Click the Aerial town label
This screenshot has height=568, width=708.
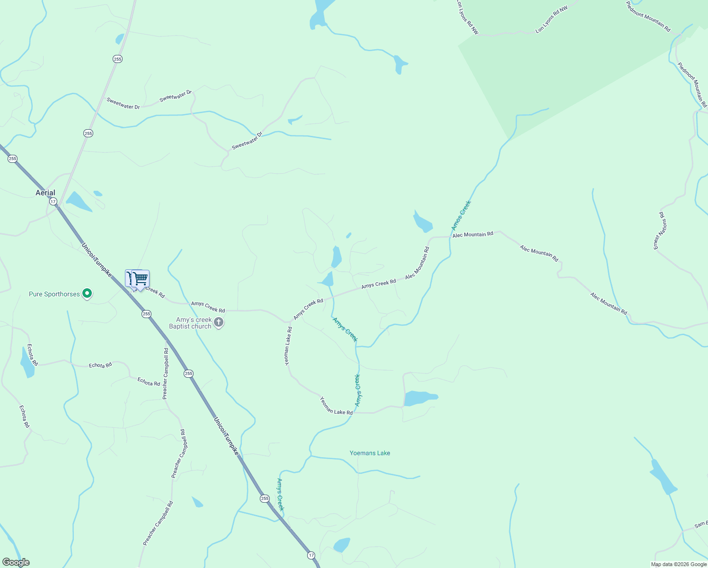[45, 193]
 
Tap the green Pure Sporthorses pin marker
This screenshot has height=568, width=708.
[87, 294]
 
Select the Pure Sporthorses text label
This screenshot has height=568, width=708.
[54, 294]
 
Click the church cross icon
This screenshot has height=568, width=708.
[219, 323]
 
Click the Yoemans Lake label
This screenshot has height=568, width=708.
[370, 453]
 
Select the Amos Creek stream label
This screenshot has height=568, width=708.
[461, 215]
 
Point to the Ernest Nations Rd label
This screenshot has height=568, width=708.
[660, 231]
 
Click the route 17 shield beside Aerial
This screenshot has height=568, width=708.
[53, 202]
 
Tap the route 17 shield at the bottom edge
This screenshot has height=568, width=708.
[310, 555]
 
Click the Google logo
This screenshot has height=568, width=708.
[16, 562]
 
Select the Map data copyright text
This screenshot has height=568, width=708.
[679, 564]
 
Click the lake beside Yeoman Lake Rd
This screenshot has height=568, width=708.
[418, 398]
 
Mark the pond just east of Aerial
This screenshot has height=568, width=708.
[78, 201]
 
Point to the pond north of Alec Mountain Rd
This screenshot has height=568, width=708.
[422, 222]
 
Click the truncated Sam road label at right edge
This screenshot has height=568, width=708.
[700, 524]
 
